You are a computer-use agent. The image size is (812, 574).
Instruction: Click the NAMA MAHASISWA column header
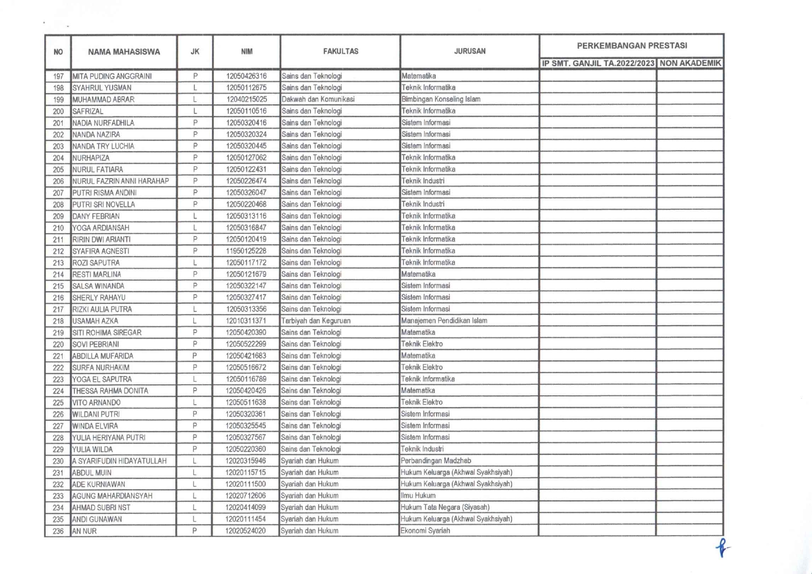coord(124,52)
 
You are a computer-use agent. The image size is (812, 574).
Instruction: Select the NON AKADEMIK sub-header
coord(690,63)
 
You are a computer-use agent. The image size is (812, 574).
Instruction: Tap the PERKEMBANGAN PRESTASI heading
coord(632,46)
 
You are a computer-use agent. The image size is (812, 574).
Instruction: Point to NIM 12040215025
coord(246,99)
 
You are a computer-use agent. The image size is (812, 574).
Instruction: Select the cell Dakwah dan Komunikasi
coord(318,99)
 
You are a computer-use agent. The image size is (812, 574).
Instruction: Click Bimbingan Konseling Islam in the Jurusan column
coord(441,99)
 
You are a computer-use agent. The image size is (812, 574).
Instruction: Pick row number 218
coord(58,321)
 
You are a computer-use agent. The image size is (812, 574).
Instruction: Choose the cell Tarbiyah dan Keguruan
coord(316,321)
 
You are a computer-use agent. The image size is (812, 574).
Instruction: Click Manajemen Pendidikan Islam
coord(444,321)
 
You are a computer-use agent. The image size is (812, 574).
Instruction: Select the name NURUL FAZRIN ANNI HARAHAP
coord(121,181)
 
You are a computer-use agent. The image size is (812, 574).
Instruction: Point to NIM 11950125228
coord(246,251)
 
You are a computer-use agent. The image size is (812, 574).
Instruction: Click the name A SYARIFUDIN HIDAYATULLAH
coord(119,461)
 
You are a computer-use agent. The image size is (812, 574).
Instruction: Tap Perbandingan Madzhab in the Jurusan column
coord(436,461)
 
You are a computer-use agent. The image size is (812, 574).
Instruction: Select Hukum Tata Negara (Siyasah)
coord(445,508)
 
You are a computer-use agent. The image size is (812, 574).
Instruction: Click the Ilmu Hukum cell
coord(418,496)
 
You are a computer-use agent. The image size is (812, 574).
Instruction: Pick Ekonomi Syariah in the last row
coord(425,531)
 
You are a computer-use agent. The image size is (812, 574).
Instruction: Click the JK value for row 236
coord(195,531)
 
